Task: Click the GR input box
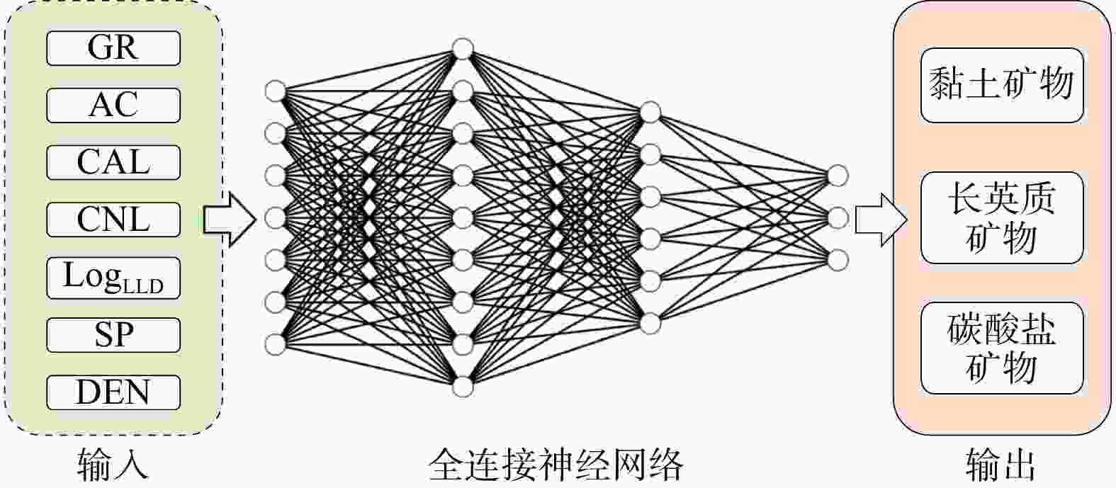pos(113,48)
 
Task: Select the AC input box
pos(113,105)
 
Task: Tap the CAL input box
pos(113,162)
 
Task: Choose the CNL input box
pos(113,220)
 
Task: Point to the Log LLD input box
pos(113,278)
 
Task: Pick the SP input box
pos(113,335)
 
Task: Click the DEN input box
pos(113,392)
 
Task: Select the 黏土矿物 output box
pos(1002,85)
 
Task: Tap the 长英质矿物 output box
pos(1002,217)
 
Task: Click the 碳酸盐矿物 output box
pos(1002,348)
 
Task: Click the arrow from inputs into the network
pos(230,220)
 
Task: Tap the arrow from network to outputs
pos(881,220)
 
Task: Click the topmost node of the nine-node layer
pos(463,49)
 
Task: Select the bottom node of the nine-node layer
pos(463,387)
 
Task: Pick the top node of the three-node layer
pos(838,176)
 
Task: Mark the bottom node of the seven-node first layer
pos(276,345)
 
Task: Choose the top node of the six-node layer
pos(650,112)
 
